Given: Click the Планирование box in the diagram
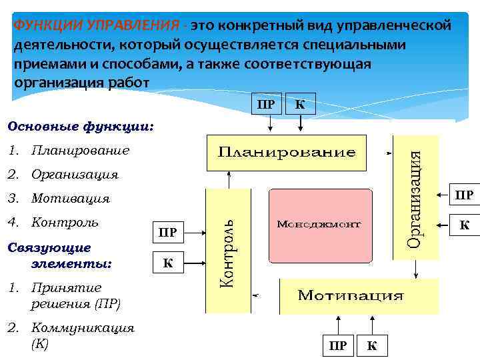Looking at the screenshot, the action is (287, 152).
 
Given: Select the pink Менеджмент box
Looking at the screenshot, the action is (319, 225).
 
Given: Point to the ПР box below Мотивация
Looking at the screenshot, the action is (338, 345).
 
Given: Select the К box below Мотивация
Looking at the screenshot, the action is (372, 345).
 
